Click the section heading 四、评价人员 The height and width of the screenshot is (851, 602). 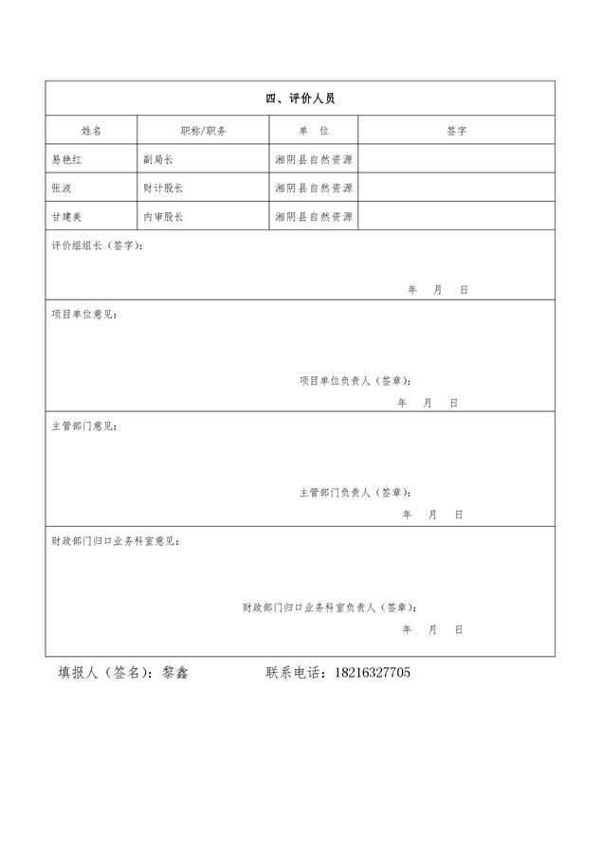pos(300,99)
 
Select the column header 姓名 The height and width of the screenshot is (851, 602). pos(91,130)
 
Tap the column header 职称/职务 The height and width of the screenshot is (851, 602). pos(203,130)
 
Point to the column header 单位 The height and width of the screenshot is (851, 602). pos(313,130)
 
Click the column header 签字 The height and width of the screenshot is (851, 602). pos(456,130)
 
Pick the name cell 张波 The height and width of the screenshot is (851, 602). pos(62,189)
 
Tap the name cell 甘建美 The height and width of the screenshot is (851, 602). pos(68,217)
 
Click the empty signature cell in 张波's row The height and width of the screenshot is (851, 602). pos(456,189)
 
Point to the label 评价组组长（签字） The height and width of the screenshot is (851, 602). pos(99,245)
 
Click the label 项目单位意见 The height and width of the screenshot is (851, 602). pos(85,314)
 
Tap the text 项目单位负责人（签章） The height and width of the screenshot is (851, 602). pos(356,381)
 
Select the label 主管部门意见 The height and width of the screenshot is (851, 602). pos(85,425)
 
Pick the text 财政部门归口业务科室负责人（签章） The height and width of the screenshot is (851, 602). pos(329,607)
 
